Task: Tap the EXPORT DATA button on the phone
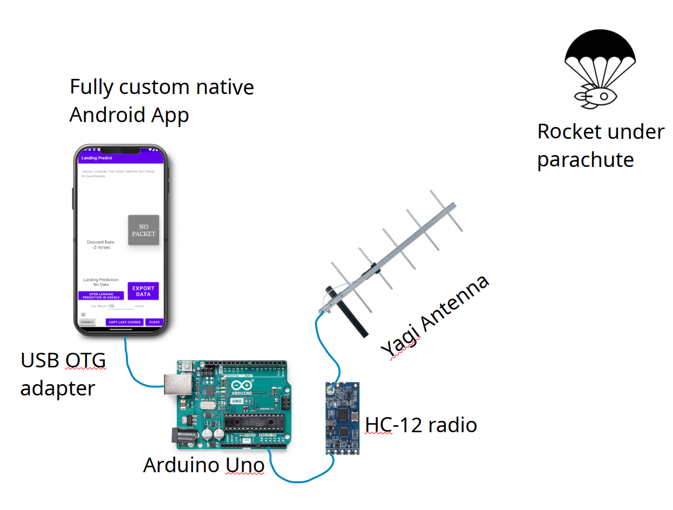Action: coord(143,291)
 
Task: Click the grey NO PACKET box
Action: coord(144,230)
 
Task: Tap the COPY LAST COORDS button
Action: coord(125,322)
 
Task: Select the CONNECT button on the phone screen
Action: coord(87,322)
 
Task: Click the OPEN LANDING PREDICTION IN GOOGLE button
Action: coord(101,296)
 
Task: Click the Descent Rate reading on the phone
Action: coord(101,245)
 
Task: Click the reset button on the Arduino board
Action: coord(187,367)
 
